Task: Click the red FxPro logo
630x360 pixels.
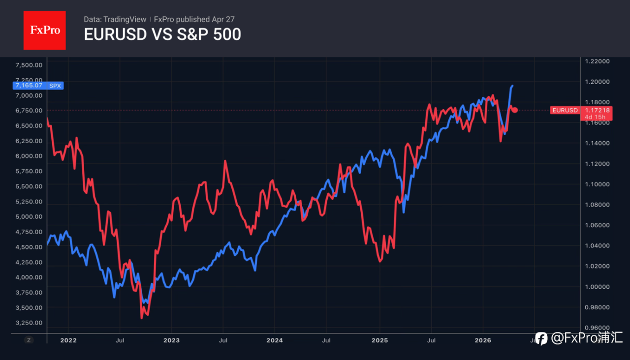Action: (44, 30)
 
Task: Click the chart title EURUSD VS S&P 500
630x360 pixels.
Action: (162, 35)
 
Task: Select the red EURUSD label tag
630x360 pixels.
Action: (565, 110)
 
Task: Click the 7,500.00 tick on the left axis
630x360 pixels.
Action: (29, 65)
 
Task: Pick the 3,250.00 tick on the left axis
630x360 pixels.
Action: (29, 323)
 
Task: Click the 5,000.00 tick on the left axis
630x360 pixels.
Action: (29, 216)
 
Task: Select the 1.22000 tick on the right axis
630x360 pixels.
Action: (597, 61)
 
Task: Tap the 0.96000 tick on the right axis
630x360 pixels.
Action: (597, 328)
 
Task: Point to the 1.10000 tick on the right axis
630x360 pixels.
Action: (597, 184)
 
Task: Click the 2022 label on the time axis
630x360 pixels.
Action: (68, 340)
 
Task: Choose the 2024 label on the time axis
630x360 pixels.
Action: (275, 340)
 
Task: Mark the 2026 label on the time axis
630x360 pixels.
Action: (483, 340)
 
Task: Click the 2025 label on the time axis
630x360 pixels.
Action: (379, 340)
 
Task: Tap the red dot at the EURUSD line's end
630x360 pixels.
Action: (515, 110)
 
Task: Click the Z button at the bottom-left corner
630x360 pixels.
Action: (29, 340)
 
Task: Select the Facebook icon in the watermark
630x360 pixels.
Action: (541, 338)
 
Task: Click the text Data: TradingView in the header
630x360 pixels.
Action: (115, 19)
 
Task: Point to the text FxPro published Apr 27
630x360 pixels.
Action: (194, 19)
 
